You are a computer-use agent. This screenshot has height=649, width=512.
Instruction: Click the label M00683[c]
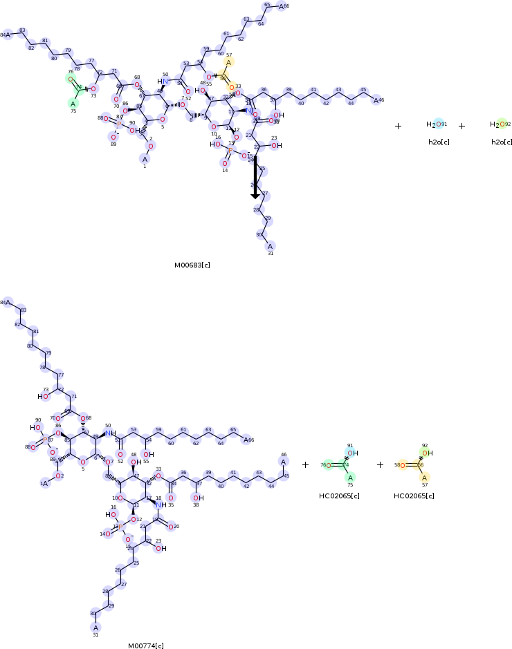(x=192, y=265)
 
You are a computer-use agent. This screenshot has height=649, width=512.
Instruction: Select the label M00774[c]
(x=145, y=646)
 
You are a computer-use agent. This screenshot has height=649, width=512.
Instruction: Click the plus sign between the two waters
(x=461, y=126)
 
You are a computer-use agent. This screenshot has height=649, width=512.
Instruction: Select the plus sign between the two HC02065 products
(x=380, y=464)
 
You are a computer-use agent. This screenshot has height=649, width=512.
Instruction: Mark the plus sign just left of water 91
(x=398, y=126)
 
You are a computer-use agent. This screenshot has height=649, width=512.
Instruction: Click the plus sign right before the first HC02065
(x=305, y=464)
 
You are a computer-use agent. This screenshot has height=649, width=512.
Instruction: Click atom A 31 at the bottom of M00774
(x=95, y=628)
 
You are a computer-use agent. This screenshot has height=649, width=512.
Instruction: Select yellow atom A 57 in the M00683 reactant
(x=228, y=62)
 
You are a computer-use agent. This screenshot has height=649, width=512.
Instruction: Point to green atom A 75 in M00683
(x=73, y=104)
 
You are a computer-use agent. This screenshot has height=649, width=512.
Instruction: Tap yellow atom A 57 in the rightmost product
(x=424, y=477)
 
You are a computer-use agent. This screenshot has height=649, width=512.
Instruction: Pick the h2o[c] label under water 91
(x=439, y=142)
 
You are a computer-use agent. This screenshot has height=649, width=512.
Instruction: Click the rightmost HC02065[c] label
(x=414, y=496)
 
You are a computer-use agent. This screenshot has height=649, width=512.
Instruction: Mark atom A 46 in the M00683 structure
(x=376, y=100)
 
